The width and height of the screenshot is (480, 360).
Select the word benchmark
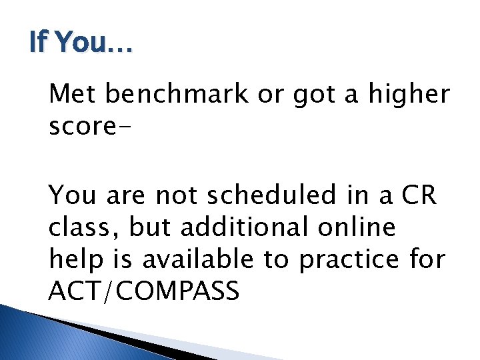177,95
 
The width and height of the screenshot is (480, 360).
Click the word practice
351,259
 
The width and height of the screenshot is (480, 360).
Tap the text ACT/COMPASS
144,291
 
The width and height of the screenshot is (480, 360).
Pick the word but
150,227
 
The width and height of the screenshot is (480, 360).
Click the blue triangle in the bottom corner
40,337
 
